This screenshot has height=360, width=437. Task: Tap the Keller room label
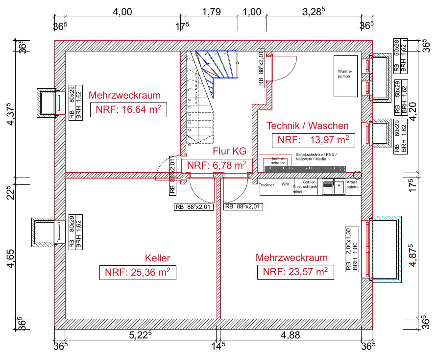(157, 258)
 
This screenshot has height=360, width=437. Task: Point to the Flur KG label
(229, 151)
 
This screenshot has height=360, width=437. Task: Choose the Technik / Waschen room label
(308, 126)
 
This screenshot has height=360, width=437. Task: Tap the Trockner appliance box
(267, 185)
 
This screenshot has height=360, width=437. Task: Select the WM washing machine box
(285, 184)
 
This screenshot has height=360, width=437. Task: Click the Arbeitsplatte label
(353, 185)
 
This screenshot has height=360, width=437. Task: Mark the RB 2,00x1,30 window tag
(348, 250)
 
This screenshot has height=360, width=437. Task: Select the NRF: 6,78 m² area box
(217, 165)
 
